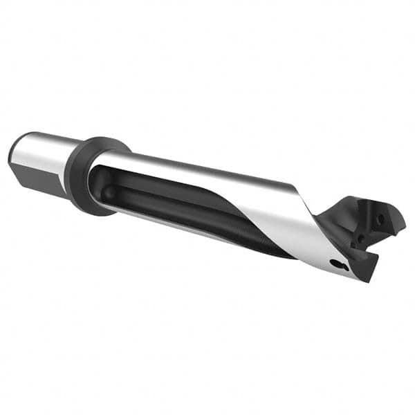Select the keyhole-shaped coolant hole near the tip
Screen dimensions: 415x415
[337, 264]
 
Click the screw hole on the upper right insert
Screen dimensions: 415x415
[380, 219]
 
